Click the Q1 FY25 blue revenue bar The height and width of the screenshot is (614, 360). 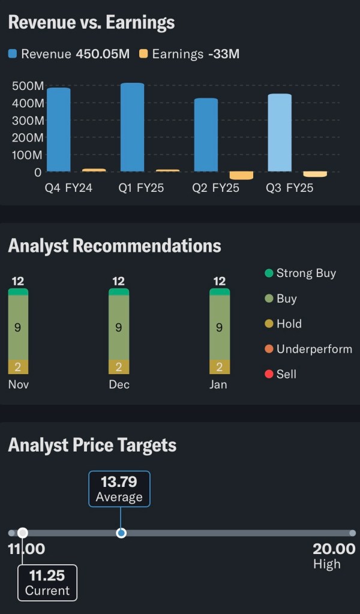click(x=132, y=127)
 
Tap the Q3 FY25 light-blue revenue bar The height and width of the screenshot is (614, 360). click(x=280, y=133)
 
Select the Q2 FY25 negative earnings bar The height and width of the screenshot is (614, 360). click(x=241, y=176)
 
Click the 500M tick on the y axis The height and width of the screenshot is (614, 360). click(x=28, y=86)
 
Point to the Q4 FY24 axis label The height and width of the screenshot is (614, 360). click(x=68, y=188)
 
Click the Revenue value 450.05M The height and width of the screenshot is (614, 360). click(x=103, y=54)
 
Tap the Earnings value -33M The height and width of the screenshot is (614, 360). click(x=224, y=54)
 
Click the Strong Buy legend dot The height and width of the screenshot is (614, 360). click(x=269, y=273)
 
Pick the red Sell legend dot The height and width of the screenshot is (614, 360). click(x=269, y=374)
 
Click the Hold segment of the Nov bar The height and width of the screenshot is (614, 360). click(x=18, y=367)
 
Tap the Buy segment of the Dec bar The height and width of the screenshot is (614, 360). click(x=119, y=327)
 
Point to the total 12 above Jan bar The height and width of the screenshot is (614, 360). click(x=220, y=281)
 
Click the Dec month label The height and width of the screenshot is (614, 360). click(x=119, y=384)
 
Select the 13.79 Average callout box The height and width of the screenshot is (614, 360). click(x=119, y=489)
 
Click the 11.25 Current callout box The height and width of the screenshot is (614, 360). click(x=47, y=582)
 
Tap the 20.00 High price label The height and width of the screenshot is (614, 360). click(x=334, y=549)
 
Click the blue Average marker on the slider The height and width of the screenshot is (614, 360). click(x=121, y=532)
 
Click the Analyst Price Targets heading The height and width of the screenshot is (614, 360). click(x=92, y=445)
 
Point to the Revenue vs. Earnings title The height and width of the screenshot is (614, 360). click(x=91, y=23)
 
